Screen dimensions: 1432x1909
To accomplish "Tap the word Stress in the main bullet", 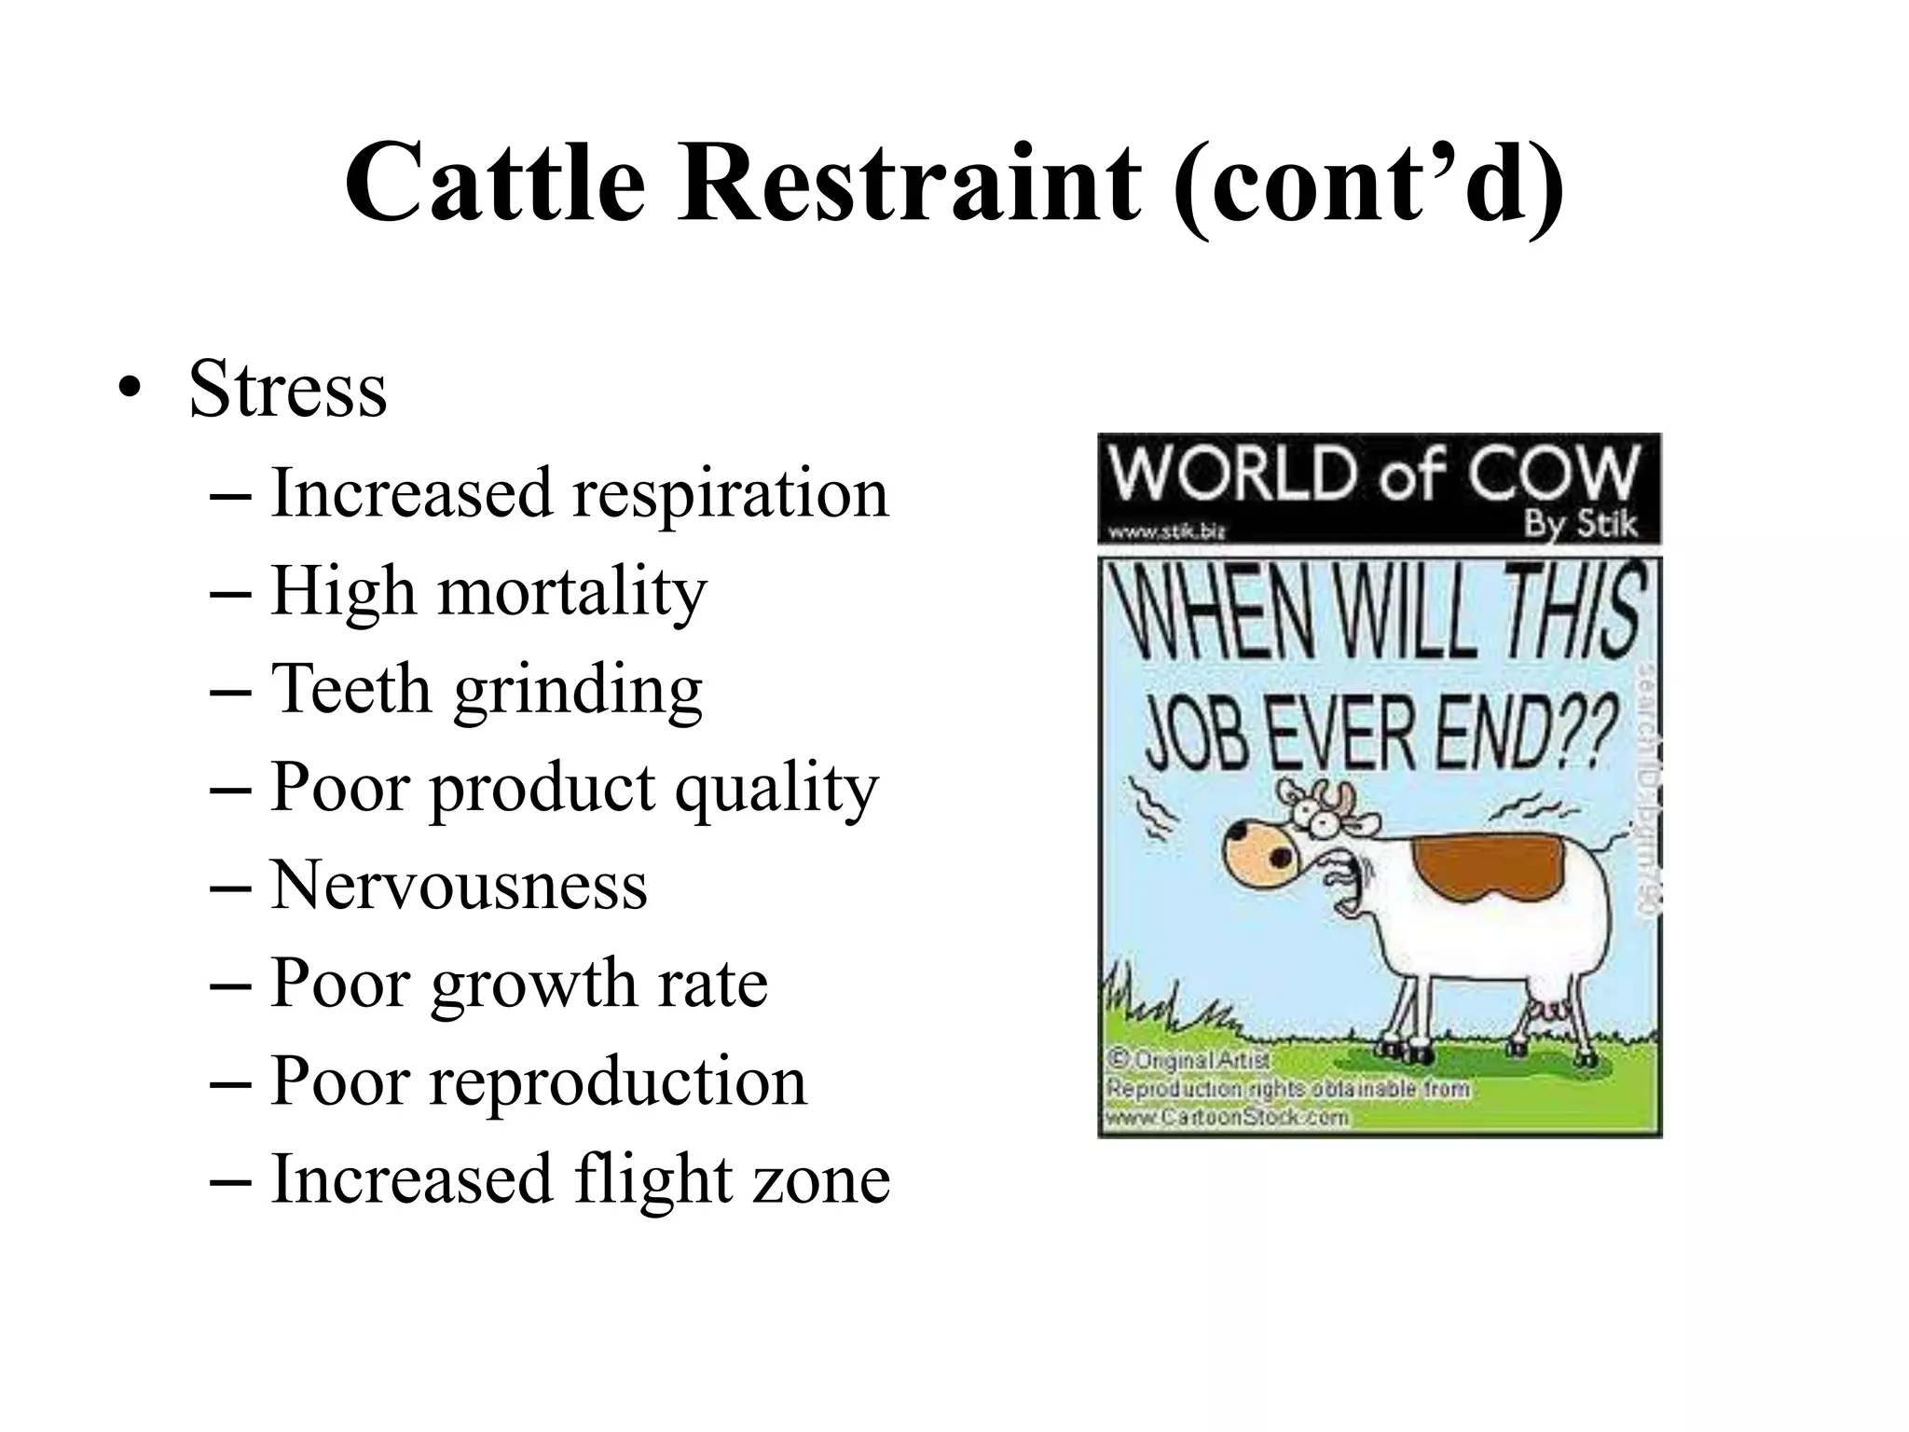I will tap(287, 389).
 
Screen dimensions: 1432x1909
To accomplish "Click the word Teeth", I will tap(350, 689).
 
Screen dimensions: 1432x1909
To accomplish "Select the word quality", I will tap(776, 788).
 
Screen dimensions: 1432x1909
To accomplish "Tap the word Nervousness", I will tap(459, 886).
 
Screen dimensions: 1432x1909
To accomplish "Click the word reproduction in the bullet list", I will tap(617, 1081).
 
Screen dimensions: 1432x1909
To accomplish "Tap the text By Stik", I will tap(1580, 524).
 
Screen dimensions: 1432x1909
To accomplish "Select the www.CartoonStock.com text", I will tap(1227, 1116).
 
